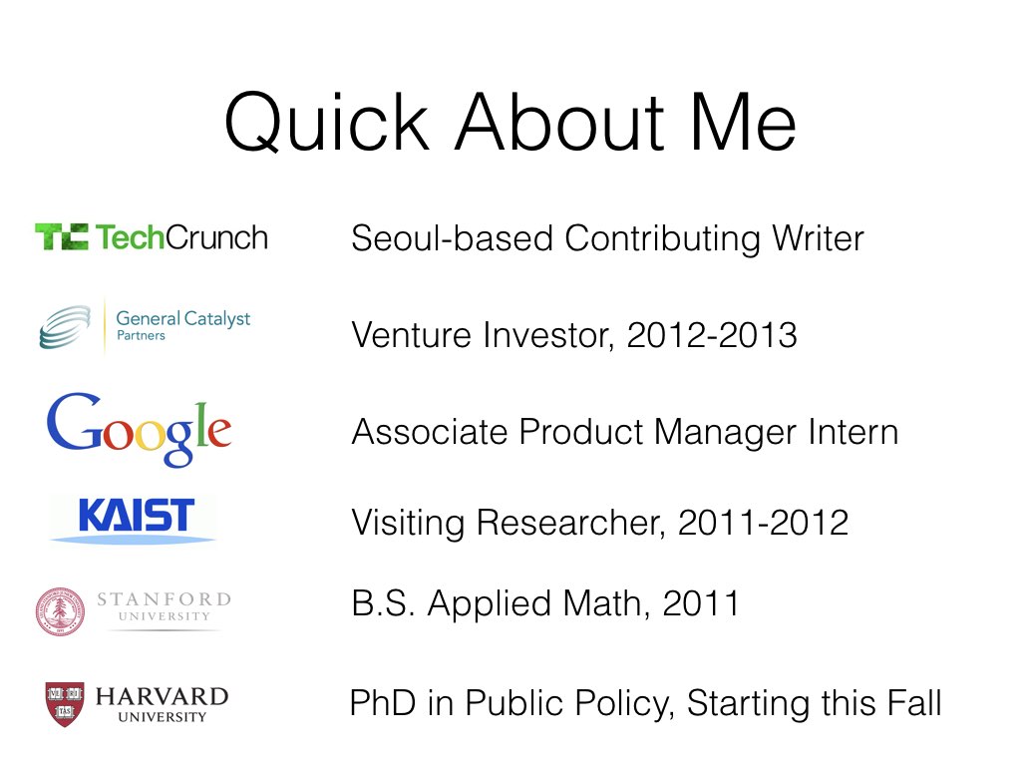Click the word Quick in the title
tap(327, 123)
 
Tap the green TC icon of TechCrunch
tap(62, 236)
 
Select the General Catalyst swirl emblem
tap(65, 327)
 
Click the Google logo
tap(139, 430)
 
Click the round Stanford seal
tap(60, 611)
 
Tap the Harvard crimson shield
tap(65, 704)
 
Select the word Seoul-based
tap(453, 237)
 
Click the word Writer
tap(818, 237)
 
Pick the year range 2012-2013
tap(712, 335)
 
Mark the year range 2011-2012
tap(763, 523)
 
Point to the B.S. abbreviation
tap(383, 603)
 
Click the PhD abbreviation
tap(383, 703)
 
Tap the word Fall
tap(915, 703)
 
